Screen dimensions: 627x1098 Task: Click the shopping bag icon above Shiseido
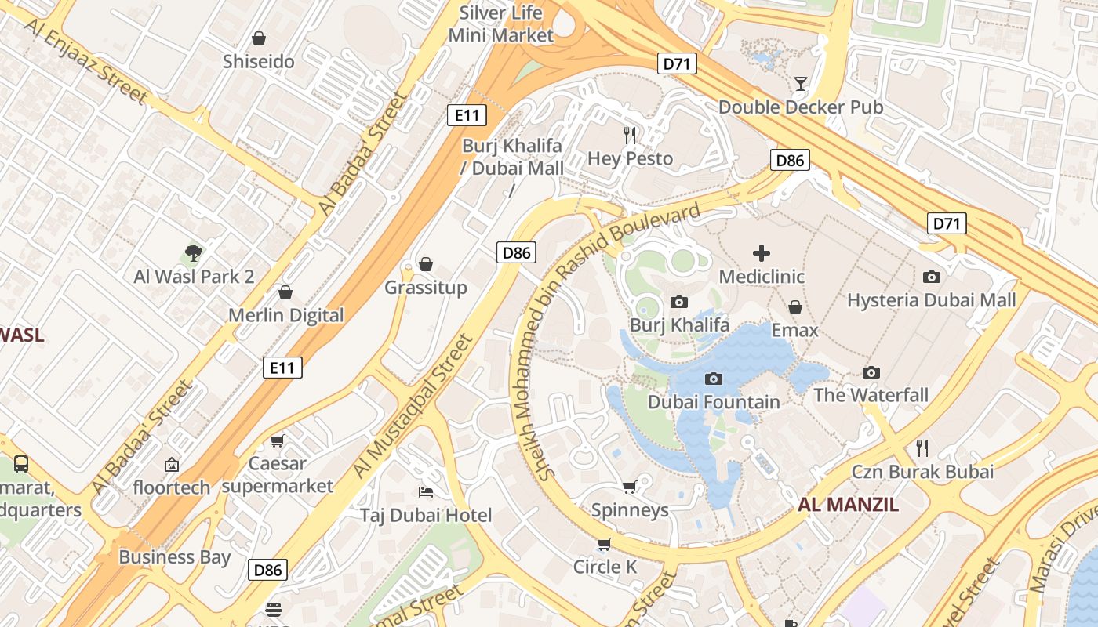tap(258, 38)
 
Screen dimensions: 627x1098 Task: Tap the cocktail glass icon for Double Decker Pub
tap(800, 84)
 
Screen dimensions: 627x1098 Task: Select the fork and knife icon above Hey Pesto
tap(630, 136)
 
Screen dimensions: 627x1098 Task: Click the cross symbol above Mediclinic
tap(761, 253)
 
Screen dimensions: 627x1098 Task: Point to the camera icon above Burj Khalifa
tap(679, 302)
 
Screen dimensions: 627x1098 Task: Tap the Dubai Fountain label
tap(714, 402)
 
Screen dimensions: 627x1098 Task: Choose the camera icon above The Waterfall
tap(871, 372)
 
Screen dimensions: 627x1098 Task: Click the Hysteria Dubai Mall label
tap(931, 300)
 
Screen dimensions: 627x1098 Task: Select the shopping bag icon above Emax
tap(795, 307)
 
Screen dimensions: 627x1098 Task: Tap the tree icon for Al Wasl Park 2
tap(194, 252)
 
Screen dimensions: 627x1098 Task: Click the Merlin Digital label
tap(285, 315)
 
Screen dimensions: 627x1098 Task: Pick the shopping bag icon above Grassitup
tap(426, 264)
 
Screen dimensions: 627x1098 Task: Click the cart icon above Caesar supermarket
tap(277, 440)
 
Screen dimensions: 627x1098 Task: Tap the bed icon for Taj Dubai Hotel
tap(426, 492)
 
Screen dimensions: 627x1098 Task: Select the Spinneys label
tap(630, 510)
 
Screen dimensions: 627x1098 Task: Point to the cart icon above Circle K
tap(604, 544)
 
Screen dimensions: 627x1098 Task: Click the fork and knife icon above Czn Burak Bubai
tap(922, 448)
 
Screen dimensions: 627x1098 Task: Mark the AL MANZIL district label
tap(849, 505)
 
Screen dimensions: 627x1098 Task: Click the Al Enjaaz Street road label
tap(85, 60)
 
